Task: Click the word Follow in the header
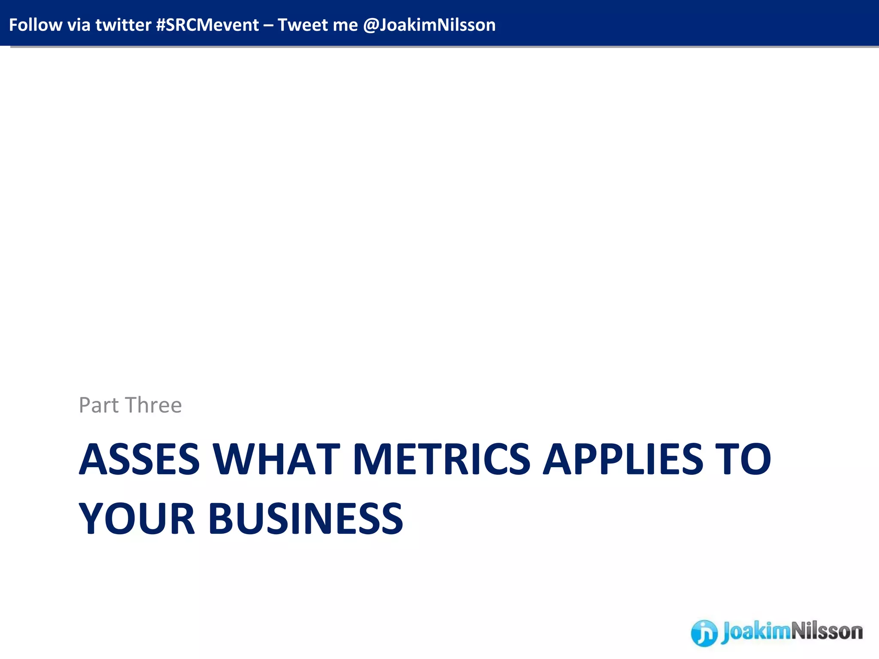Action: [x=35, y=25]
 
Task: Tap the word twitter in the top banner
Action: [x=123, y=25]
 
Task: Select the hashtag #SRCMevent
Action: [x=207, y=25]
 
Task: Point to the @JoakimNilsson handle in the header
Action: [x=429, y=25]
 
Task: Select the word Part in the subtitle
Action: [x=99, y=405]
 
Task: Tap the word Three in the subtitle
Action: [x=154, y=405]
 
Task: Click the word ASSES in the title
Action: [x=139, y=459]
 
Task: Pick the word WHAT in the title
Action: [x=277, y=459]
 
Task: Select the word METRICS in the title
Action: [x=441, y=459]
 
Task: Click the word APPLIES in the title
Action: [x=623, y=459]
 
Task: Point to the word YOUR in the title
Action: [x=137, y=519]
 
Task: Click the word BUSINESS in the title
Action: [x=306, y=519]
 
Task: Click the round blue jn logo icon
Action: [x=704, y=633]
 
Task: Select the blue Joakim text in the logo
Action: [x=755, y=632]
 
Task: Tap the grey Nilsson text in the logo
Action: [x=826, y=632]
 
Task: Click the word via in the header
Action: [x=79, y=25]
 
